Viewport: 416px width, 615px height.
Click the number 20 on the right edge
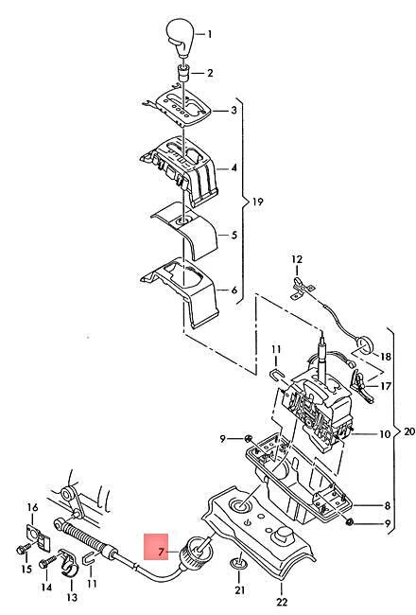(408, 430)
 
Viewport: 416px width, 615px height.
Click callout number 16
(31, 508)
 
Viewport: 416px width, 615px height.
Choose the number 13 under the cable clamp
(72, 598)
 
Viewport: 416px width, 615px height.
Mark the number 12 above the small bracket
(296, 259)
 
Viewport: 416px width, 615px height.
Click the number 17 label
(386, 386)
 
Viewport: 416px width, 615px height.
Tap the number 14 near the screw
(44, 588)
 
